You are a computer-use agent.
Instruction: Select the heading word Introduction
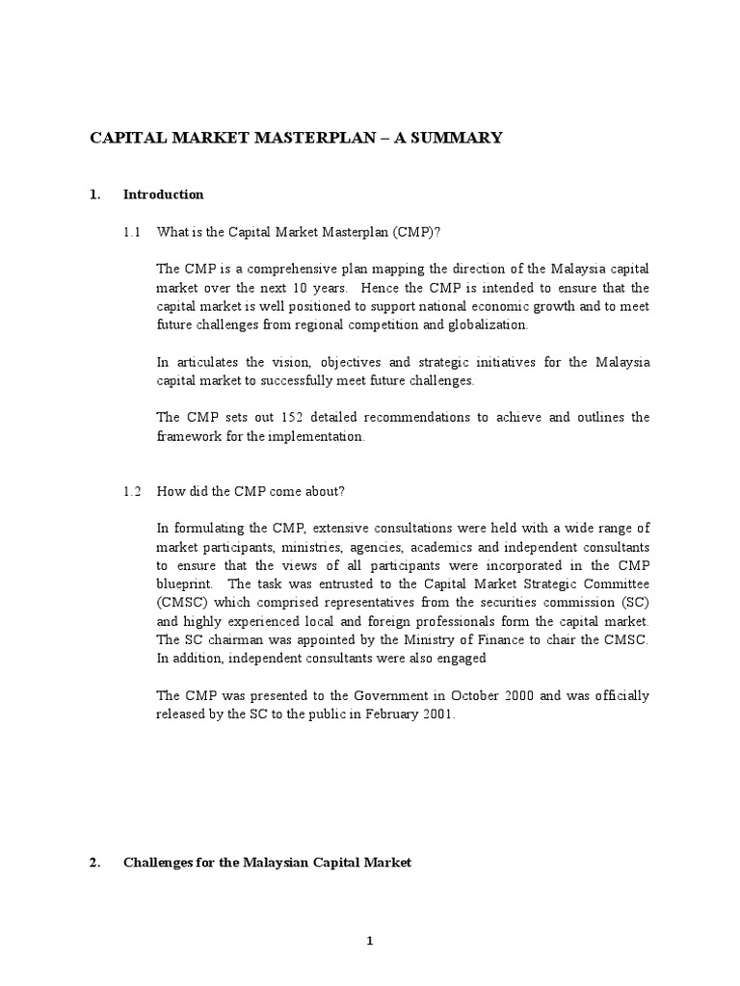tap(163, 195)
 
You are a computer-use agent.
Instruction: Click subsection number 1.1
tap(132, 233)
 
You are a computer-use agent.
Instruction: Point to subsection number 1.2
tap(132, 491)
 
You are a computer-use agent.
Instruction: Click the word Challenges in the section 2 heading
tap(160, 863)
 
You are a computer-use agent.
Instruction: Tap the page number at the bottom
tap(369, 942)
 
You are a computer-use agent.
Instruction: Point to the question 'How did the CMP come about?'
tap(251, 491)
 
